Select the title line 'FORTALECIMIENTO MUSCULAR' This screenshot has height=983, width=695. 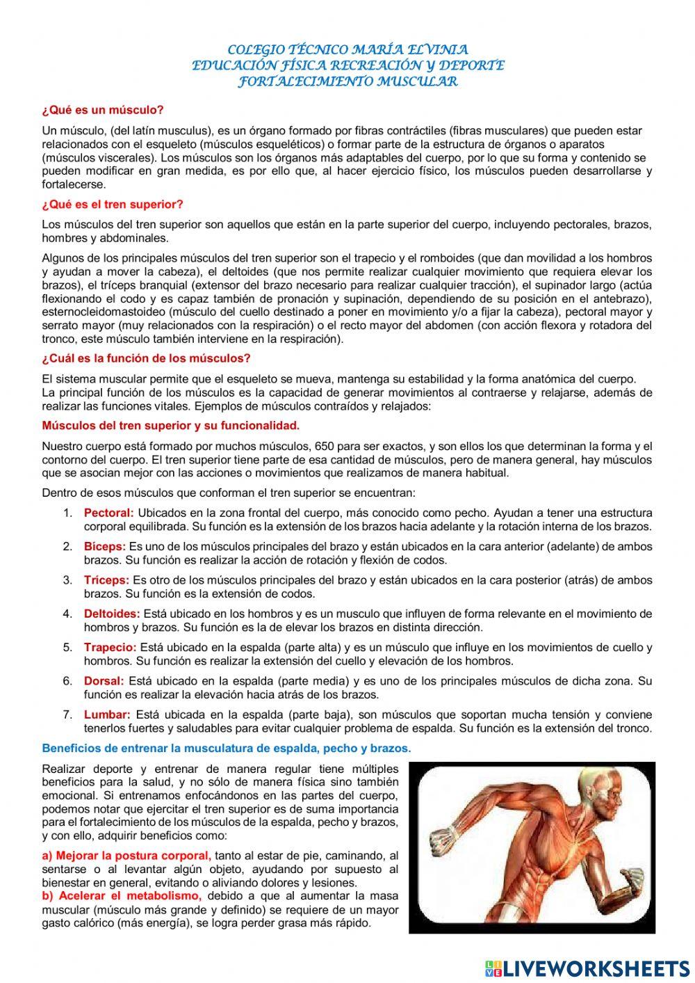click(347, 81)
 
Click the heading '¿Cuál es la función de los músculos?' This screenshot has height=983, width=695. click(146, 358)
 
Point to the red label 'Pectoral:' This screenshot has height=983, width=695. click(108, 513)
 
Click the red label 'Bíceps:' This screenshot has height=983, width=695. click(105, 547)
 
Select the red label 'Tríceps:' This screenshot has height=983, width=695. click(106, 580)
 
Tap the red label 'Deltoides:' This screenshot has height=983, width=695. click(112, 614)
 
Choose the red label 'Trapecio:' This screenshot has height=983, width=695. click(110, 647)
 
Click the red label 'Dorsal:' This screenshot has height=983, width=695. click(104, 680)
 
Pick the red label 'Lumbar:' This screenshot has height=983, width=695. click(107, 714)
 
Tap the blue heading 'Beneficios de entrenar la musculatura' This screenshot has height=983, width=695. click(227, 749)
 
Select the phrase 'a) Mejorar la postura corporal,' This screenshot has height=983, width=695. click(126, 855)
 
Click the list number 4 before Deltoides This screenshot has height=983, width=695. click(67, 614)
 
